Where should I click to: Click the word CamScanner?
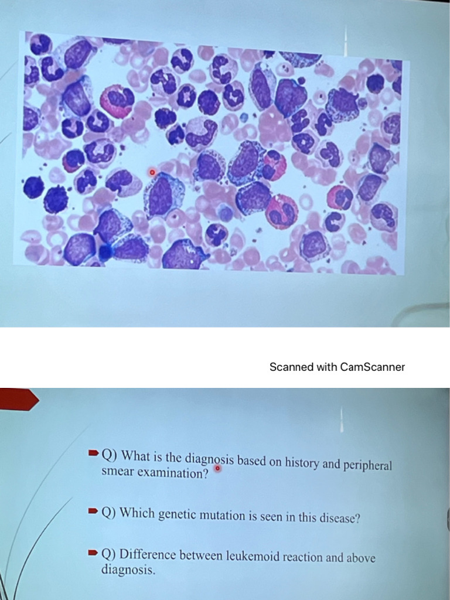coord(372,367)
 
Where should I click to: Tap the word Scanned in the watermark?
coord(291,367)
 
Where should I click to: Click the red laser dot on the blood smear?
coord(152,172)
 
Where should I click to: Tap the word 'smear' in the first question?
coord(118,472)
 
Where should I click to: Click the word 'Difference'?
coord(149,554)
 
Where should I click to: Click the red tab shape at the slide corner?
coord(18,400)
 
